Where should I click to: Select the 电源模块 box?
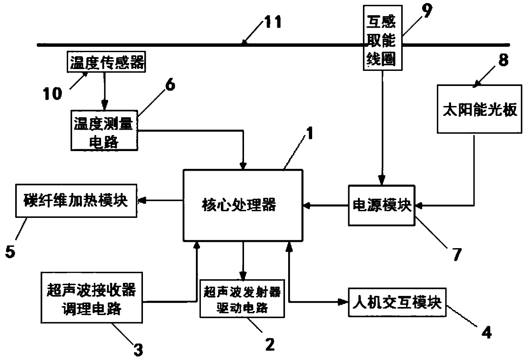tap(382, 206)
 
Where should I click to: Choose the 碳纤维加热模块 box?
tap(75, 201)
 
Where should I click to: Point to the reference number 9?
tap(427, 11)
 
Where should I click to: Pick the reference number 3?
tap(139, 348)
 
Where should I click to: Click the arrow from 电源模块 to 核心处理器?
tap(326, 206)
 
